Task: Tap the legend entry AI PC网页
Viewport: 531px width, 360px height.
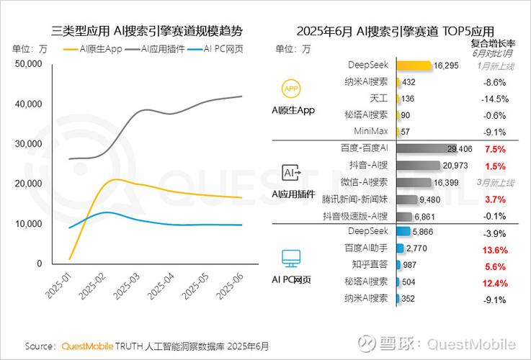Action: pos(220,49)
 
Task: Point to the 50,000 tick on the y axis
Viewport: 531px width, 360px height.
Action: pos(28,64)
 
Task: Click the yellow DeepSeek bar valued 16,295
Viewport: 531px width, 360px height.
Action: pos(413,66)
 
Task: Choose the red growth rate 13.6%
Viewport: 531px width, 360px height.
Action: pos(496,249)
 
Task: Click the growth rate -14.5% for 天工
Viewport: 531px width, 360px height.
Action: pos(496,99)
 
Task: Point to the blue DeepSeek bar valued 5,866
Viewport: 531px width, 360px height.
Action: pos(402,232)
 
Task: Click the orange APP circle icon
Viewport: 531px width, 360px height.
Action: pos(291,89)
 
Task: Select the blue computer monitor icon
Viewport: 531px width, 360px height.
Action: pos(291,258)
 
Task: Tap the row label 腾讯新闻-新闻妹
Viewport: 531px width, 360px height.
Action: pos(360,199)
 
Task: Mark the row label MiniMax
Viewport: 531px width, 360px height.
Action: pos(372,132)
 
